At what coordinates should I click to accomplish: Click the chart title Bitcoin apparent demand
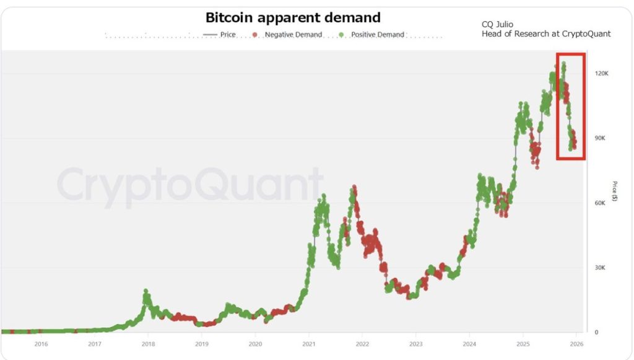point(293,17)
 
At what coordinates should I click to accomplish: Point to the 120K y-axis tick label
point(601,73)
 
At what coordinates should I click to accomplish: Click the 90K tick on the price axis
point(599,138)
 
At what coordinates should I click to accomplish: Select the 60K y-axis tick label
point(599,203)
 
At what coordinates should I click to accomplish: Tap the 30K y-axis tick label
point(599,268)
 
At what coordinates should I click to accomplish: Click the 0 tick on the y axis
point(596,333)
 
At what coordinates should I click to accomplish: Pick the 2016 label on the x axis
point(41,344)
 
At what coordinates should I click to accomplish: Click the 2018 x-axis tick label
point(148,344)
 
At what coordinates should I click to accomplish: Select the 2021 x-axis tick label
point(309,344)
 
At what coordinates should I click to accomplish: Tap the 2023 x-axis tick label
point(416,344)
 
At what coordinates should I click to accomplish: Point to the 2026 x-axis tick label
point(576,344)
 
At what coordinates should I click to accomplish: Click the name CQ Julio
point(497,24)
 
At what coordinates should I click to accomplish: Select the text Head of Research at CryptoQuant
point(545,33)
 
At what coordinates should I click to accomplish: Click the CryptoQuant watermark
point(191,185)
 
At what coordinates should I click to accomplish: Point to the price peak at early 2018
point(146,291)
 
